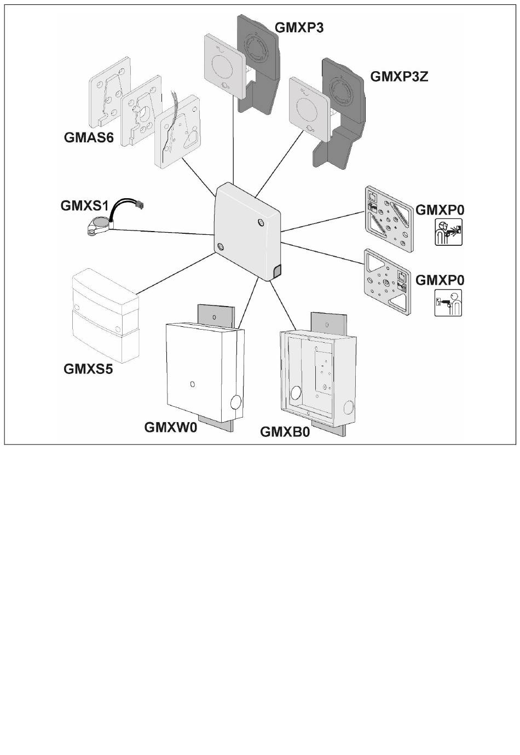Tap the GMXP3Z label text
point(399,76)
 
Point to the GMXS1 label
point(85,206)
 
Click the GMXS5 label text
point(88,368)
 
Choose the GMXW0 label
point(170,427)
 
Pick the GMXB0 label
point(285,432)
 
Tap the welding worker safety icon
point(448,232)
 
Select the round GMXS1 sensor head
point(101,223)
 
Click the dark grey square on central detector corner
point(276,270)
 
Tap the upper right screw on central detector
point(260,221)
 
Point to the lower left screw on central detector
point(221,246)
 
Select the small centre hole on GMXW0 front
point(192,383)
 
